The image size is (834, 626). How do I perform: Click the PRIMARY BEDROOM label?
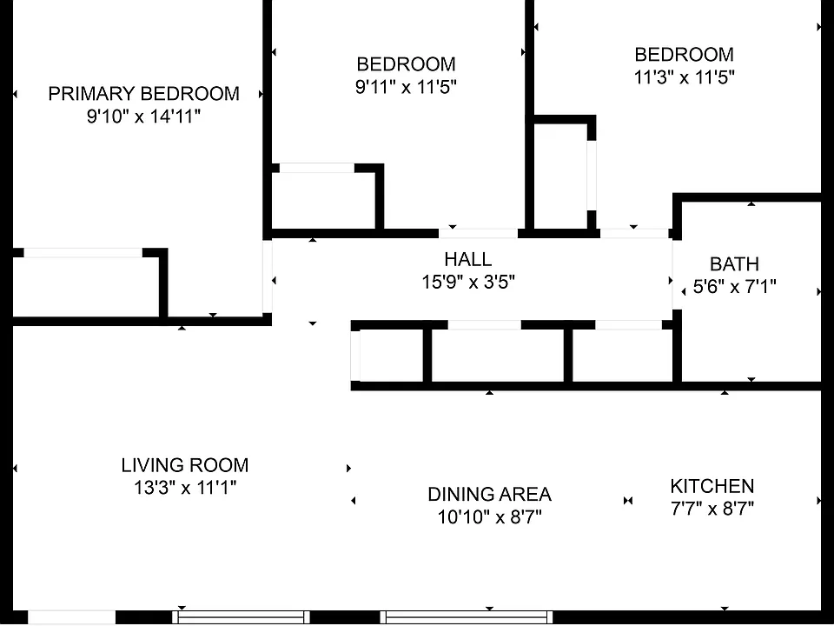(x=143, y=94)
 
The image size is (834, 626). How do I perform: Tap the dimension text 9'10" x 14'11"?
(x=143, y=116)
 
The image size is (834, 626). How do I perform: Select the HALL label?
(x=468, y=259)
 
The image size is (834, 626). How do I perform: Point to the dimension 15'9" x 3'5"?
(x=468, y=282)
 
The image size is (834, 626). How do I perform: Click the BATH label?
(x=735, y=264)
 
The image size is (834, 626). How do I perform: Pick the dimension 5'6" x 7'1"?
(x=735, y=287)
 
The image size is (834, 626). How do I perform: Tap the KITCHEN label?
(x=712, y=486)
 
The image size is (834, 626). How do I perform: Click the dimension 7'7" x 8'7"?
(x=712, y=509)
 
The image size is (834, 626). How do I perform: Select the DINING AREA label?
(x=489, y=495)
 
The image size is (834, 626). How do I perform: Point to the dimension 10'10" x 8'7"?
(x=489, y=516)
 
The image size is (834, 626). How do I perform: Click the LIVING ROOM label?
(x=184, y=465)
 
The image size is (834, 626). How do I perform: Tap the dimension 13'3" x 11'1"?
(x=184, y=487)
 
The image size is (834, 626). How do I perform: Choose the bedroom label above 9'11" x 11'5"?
(x=406, y=63)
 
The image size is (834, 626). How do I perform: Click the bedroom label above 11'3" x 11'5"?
(x=684, y=54)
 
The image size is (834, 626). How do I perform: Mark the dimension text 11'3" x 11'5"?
(x=684, y=77)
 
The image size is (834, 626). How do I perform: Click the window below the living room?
(x=241, y=617)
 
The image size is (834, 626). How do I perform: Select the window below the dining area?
(x=467, y=617)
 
